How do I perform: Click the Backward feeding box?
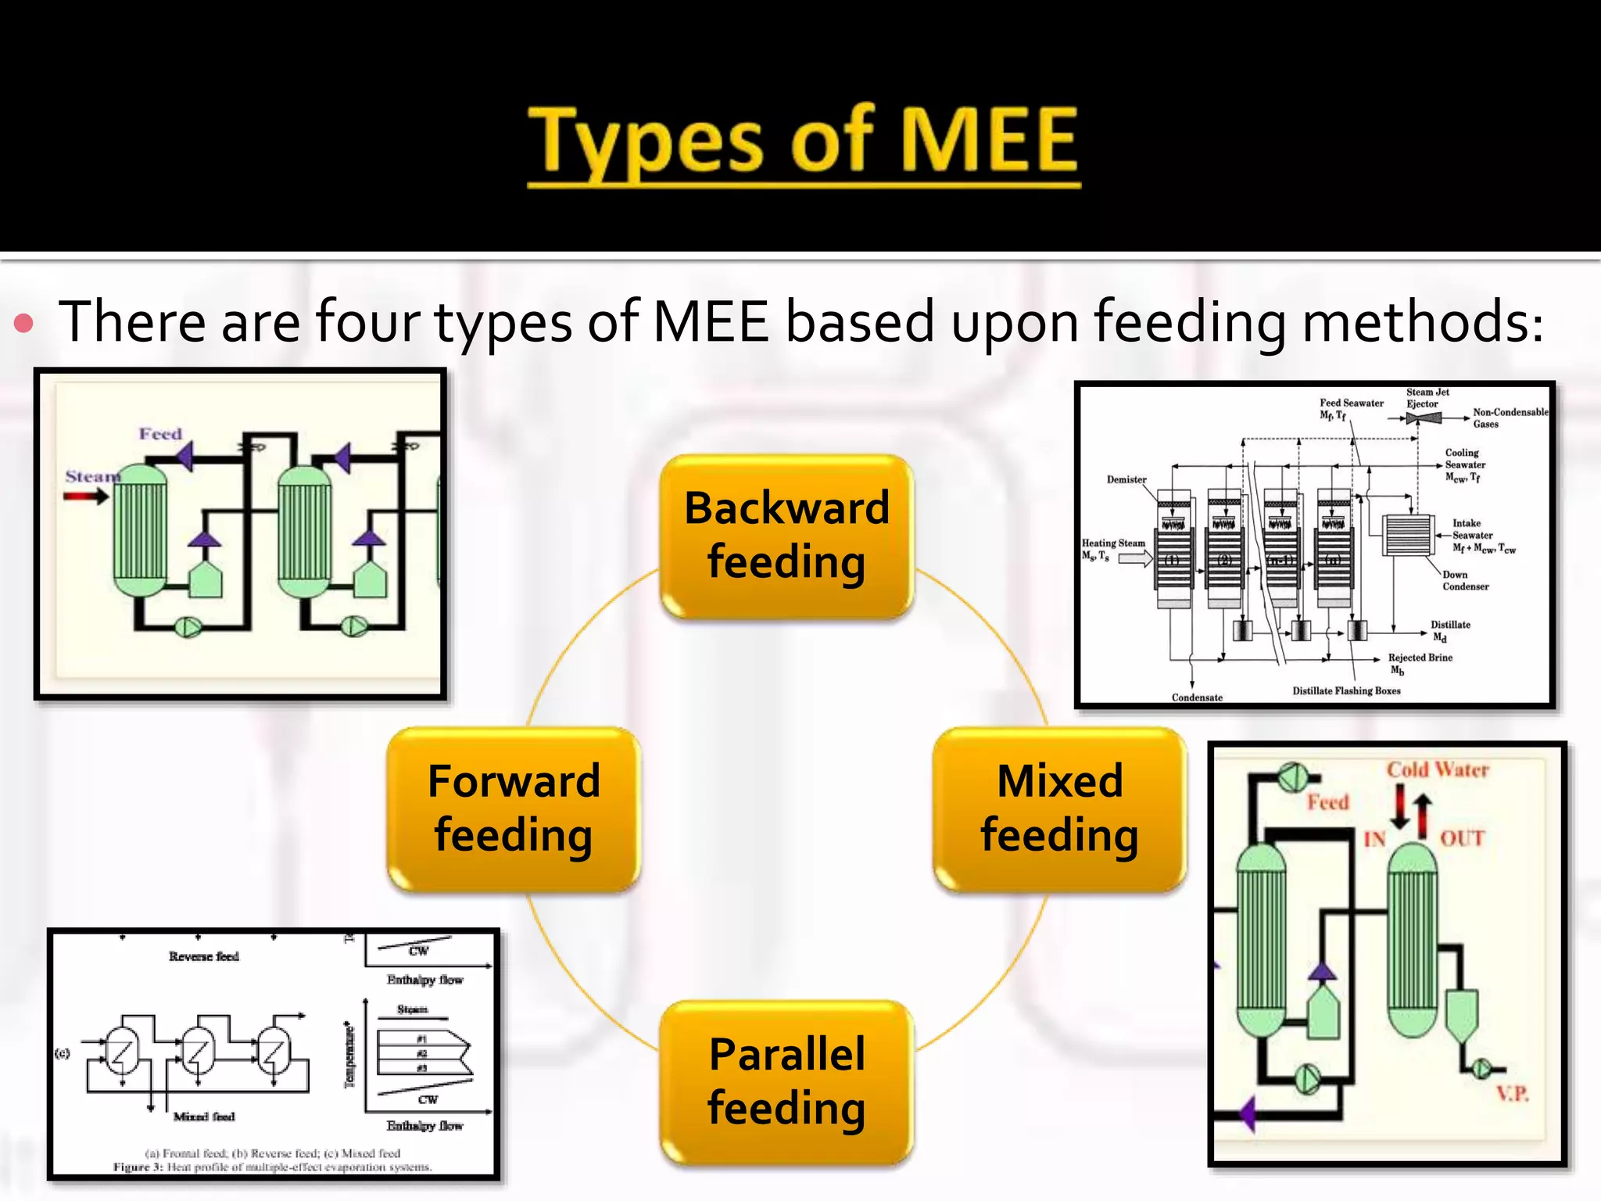tap(786, 536)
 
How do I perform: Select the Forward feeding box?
tap(514, 808)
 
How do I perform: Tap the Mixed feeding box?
tap(1059, 808)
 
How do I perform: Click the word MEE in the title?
tap(990, 141)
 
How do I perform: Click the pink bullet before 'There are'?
tap(24, 324)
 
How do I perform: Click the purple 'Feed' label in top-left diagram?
tap(160, 434)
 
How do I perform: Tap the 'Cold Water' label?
tap(1438, 770)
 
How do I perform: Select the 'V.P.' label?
tap(1513, 1093)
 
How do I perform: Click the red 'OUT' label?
tap(1462, 839)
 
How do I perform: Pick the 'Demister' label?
tap(1126, 479)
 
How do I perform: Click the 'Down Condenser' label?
tap(1465, 580)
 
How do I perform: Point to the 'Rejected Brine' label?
tap(1420, 658)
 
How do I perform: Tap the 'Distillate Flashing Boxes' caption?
tap(1346, 690)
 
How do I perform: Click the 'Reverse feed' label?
tap(204, 956)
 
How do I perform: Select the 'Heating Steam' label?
tap(1113, 543)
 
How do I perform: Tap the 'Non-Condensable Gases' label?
tap(1510, 418)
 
